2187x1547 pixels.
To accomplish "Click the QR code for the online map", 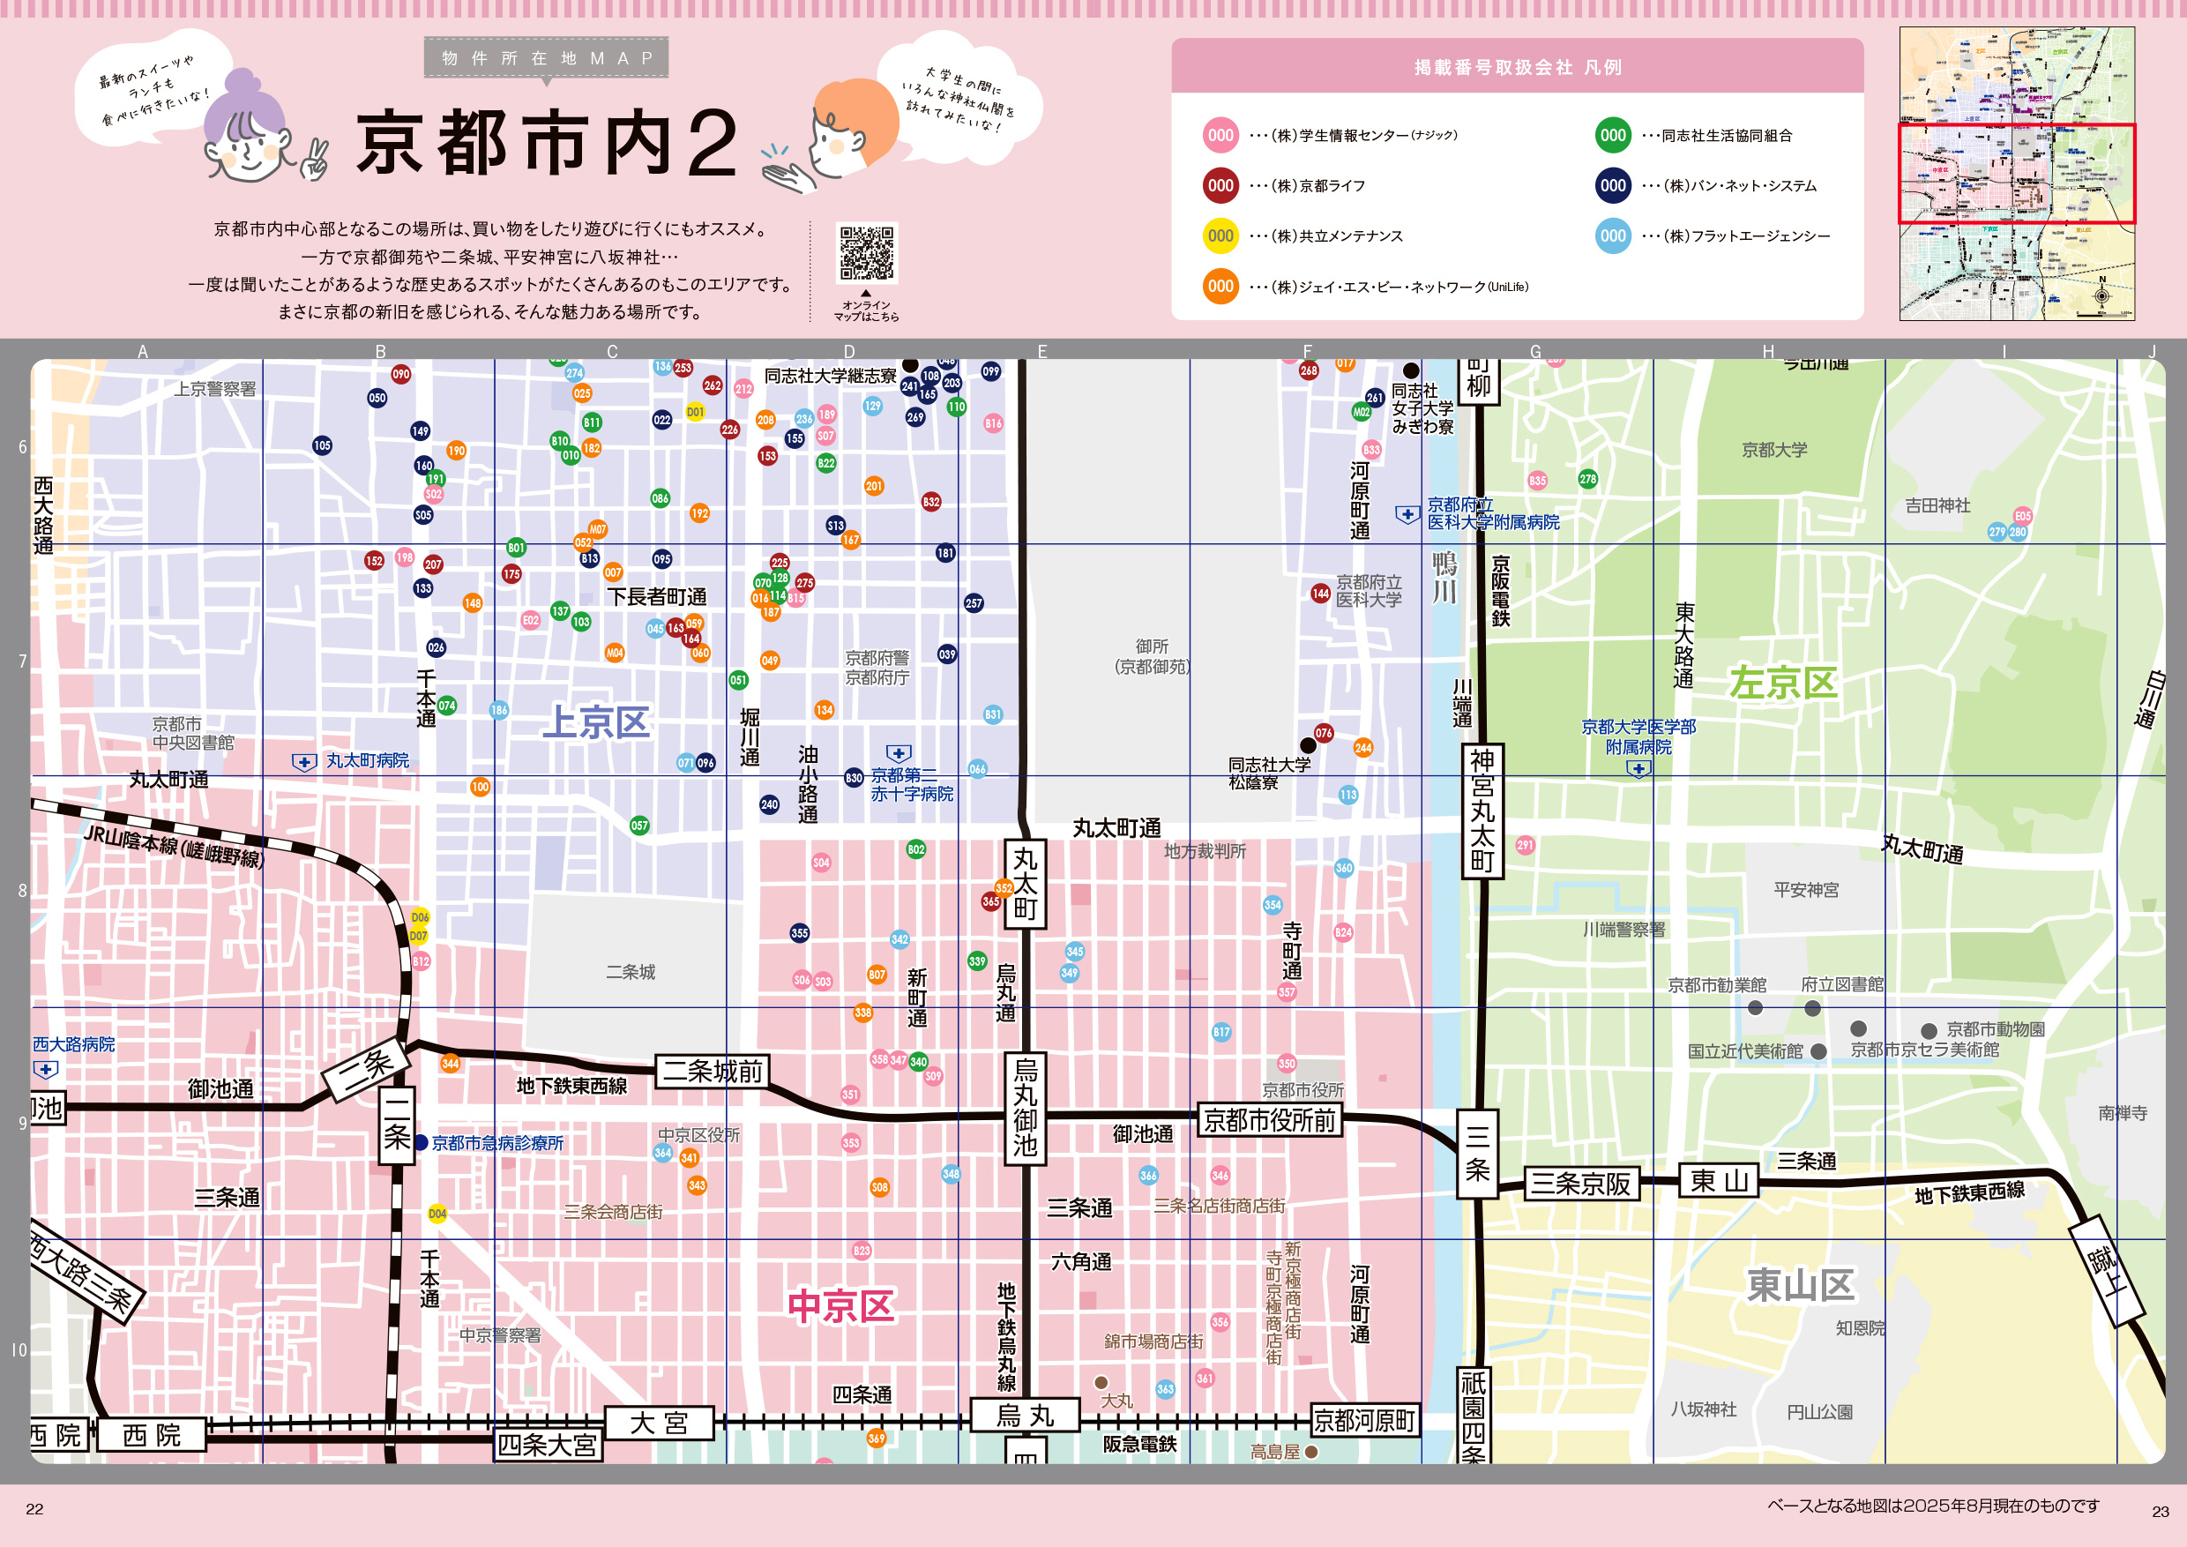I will tap(866, 252).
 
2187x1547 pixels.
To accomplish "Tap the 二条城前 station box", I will tap(713, 1071).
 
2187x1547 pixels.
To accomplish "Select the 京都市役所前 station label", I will tap(1269, 1120).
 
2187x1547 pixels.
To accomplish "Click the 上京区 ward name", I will tap(595, 722).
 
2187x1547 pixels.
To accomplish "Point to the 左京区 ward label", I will tap(1782, 682).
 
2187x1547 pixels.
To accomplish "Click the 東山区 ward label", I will tap(1799, 1284).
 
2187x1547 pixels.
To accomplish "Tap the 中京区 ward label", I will tap(841, 1306).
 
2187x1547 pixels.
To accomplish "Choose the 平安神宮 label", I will tap(1806, 890).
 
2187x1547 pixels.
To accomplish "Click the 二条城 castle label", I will tap(631, 972).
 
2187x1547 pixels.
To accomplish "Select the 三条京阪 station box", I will tap(1580, 1183).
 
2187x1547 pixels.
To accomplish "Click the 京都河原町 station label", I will tap(1364, 1420).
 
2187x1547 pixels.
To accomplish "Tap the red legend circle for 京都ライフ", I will tap(1220, 186).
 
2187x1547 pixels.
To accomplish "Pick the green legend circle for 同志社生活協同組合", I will tap(1613, 135).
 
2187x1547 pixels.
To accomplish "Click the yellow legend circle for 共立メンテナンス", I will tap(1220, 236).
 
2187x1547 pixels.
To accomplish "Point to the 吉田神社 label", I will tap(1937, 506).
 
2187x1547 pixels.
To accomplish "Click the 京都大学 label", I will tap(1773, 450).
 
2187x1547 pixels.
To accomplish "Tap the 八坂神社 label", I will tap(1703, 1409).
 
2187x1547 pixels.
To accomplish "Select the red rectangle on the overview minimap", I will tap(2017, 174).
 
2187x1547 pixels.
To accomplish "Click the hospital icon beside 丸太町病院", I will tap(304, 762).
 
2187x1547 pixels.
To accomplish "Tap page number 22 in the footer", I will tap(34, 1509).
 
